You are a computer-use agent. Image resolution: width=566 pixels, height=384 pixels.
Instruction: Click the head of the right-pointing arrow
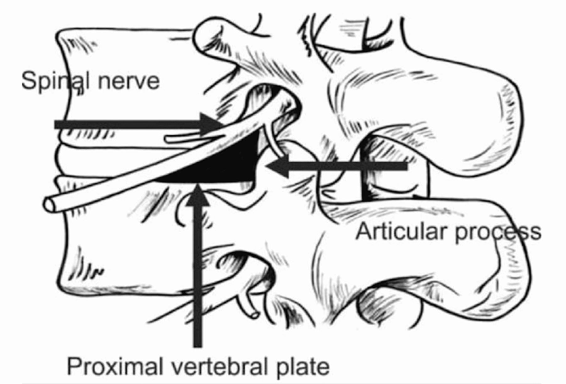click(x=212, y=125)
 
